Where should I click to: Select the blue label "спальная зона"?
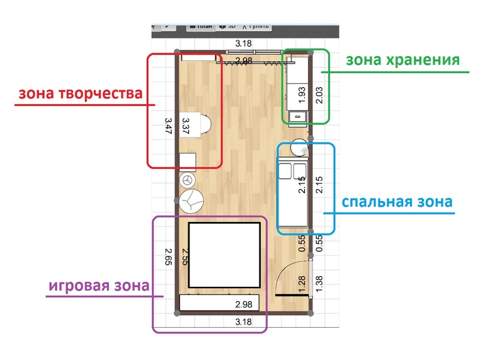point(396,202)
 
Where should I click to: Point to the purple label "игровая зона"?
point(99,285)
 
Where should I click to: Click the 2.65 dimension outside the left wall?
point(168,258)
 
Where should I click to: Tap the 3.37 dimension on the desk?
point(185,124)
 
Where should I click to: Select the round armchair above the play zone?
point(191,202)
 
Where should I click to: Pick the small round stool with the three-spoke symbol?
point(187,180)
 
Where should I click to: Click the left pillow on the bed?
point(285,171)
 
